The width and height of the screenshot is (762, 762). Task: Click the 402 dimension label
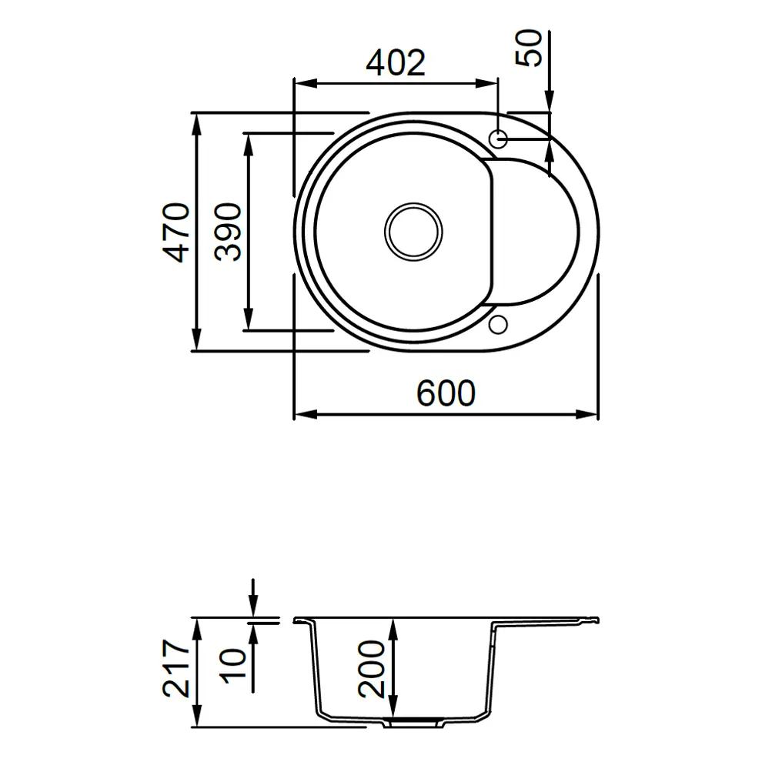pyautogui.click(x=396, y=62)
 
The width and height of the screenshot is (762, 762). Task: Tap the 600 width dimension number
pyautogui.click(x=446, y=393)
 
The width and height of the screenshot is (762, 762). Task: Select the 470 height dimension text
pyautogui.click(x=176, y=232)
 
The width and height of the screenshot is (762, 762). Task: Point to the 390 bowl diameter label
pyautogui.click(x=228, y=232)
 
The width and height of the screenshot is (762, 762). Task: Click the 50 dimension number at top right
pyautogui.click(x=529, y=48)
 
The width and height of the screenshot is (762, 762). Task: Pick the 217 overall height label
pyautogui.click(x=176, y=669)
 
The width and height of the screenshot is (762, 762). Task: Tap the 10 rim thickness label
pyautogui.click(x=234, y=666)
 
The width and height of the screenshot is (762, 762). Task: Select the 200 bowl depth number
pyautogui.click(x=371, y=669)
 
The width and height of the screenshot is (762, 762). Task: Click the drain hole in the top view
pyautogui.click(x=413, y=232)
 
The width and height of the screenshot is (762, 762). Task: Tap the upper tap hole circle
pyautogui.click(x=498, y=139)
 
